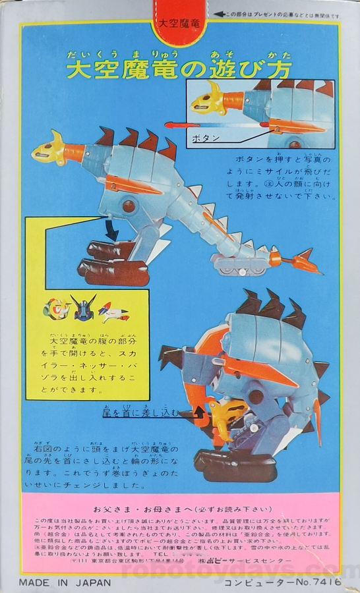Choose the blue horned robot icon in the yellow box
84,307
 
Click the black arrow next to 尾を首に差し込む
190,414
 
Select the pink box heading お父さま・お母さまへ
180,509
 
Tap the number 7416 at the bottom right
326,582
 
